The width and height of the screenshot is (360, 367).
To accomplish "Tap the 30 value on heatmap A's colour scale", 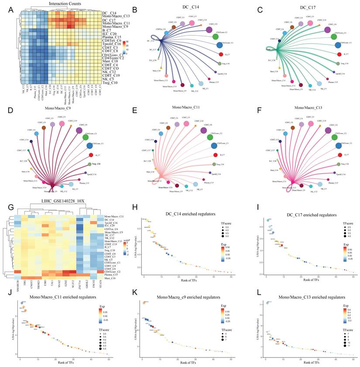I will pyautogui.click(x=126, y=41).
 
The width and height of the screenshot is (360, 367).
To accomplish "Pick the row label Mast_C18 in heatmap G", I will pyautogui.click(x=110, y=278).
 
